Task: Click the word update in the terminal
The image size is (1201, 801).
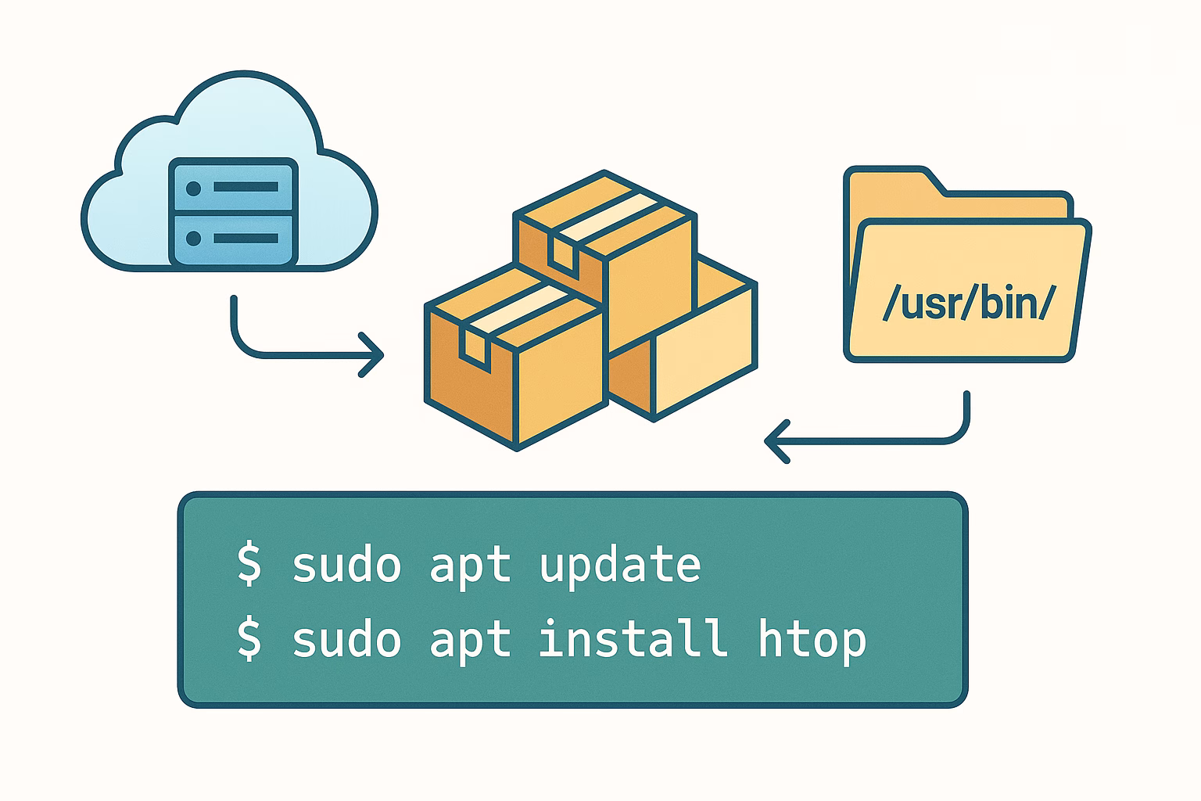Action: (620, 565)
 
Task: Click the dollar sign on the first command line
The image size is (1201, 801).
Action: (249, 565)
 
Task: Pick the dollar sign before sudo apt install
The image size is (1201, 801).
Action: (249, 639)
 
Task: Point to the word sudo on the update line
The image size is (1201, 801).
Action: (346, 565)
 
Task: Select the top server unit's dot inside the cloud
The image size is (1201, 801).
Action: (194, 188)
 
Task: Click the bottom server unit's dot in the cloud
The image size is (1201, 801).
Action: (194, 236)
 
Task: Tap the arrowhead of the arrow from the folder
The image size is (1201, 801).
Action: (776, 442)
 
